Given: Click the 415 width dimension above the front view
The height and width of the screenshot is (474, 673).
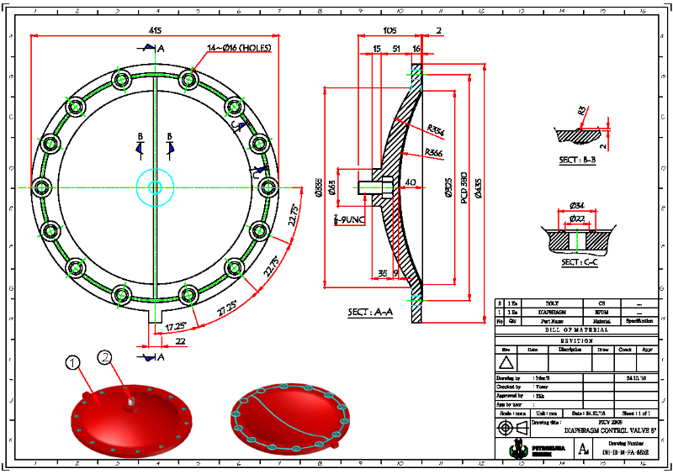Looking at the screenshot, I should [155, 30].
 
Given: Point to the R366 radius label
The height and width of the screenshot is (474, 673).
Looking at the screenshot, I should [434, 152].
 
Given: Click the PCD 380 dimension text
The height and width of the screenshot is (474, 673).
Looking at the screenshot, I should [464, 186].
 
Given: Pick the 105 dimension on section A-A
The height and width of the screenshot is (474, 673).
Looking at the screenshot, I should [389, 29].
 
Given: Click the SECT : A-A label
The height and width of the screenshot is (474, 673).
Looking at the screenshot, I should [371, 313].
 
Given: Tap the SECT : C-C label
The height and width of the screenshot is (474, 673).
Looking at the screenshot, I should [578, 261].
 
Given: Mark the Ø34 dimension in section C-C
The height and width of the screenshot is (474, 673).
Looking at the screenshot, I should [577, 206].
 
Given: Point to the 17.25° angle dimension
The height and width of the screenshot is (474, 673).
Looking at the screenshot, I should [175, 325].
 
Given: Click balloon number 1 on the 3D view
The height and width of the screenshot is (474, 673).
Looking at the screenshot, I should [73, 362].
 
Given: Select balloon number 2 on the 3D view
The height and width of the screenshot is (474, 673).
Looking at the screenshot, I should [105, 357].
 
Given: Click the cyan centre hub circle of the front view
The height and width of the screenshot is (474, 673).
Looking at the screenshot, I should [155, 187].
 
